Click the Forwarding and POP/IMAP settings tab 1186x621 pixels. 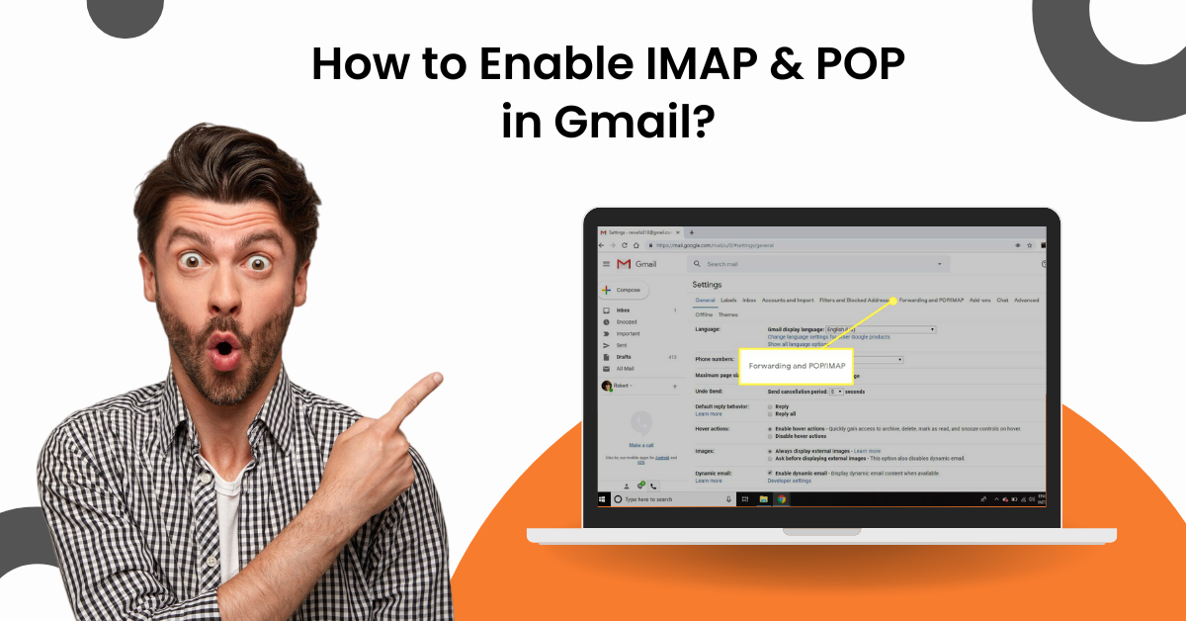point(931,300)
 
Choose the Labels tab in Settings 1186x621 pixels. point(728,300)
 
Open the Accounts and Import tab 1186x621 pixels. point(788,300)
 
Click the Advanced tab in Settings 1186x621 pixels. point(1026,300)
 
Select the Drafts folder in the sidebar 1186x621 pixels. point(624,356)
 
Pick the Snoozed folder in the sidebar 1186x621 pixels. point(627,322)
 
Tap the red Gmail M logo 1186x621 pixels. point(624,264)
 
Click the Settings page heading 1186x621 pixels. point(707,285)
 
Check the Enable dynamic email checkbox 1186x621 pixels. point(770,473)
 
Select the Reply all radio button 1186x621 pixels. point(770,413)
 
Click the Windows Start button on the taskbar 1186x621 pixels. point(603,498)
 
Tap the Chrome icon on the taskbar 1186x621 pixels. point(779,498)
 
